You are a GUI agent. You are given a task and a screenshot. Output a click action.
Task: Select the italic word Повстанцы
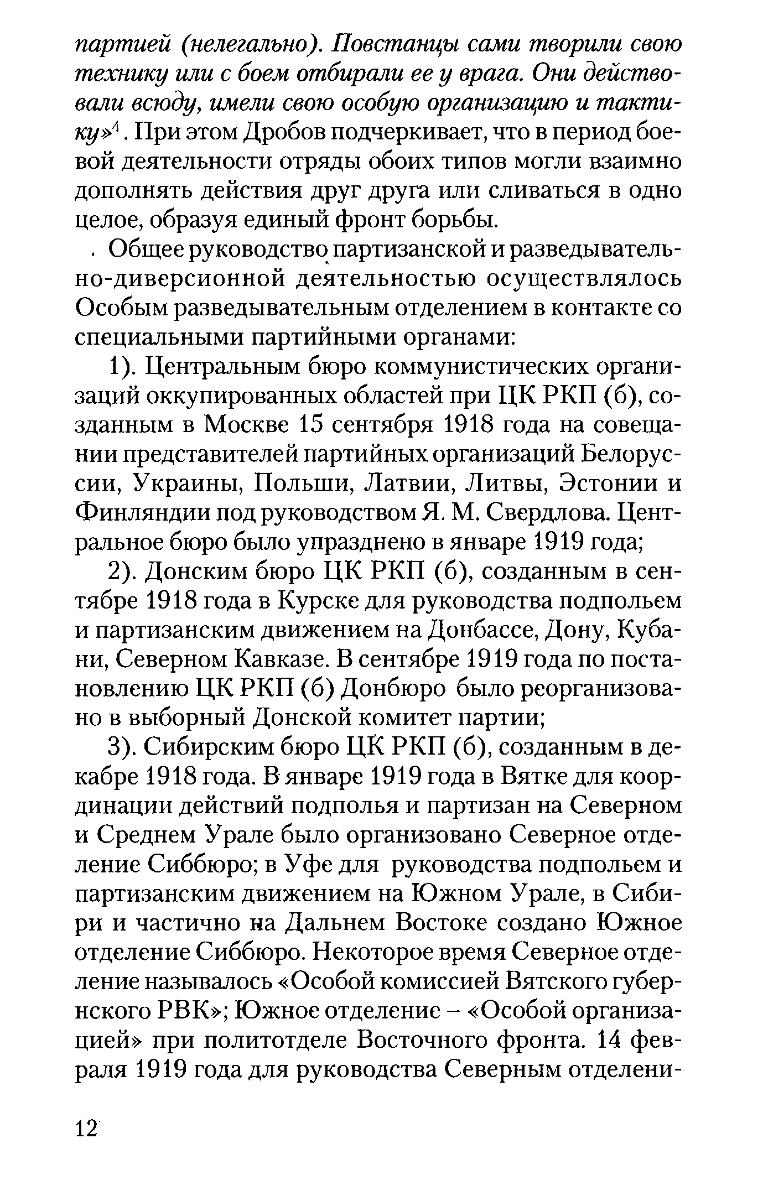pyautogui.click(x=388, y=45)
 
